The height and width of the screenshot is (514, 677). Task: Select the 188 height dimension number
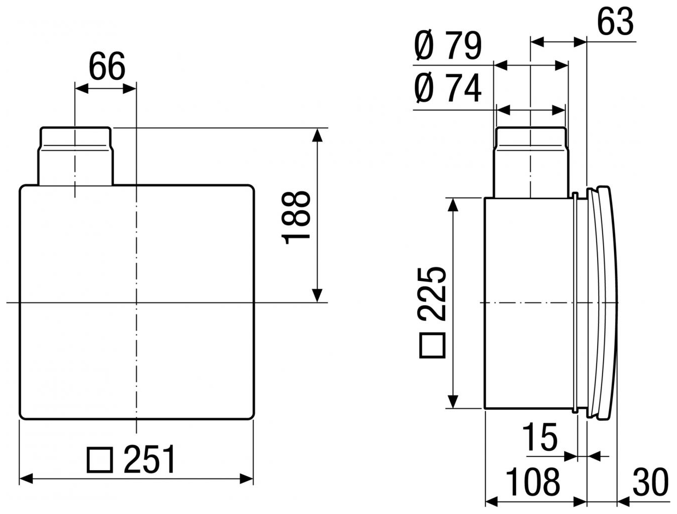295,218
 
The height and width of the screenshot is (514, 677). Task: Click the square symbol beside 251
99,460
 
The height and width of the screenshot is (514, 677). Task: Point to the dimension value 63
616,21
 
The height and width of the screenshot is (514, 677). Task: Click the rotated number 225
432,295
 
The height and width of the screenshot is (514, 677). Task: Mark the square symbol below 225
432,345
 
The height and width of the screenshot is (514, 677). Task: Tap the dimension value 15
540,437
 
